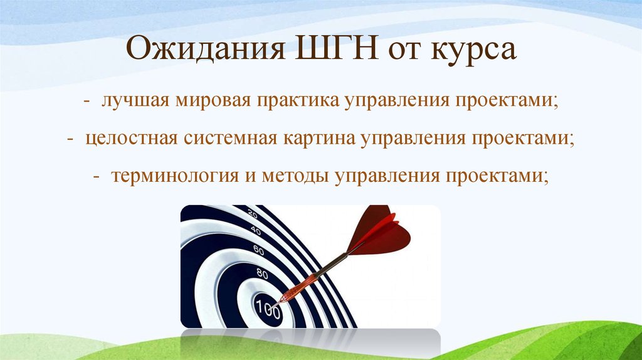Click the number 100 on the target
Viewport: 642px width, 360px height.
267,307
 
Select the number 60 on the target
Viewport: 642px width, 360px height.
258,250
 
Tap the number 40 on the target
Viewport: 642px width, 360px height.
255,230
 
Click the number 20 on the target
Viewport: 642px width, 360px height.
253,214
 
